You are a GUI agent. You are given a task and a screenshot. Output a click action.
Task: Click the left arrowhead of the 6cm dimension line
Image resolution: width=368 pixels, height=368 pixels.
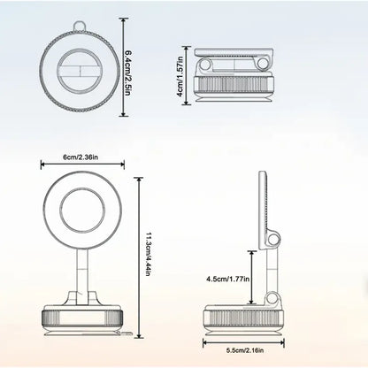tap(42, 165)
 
